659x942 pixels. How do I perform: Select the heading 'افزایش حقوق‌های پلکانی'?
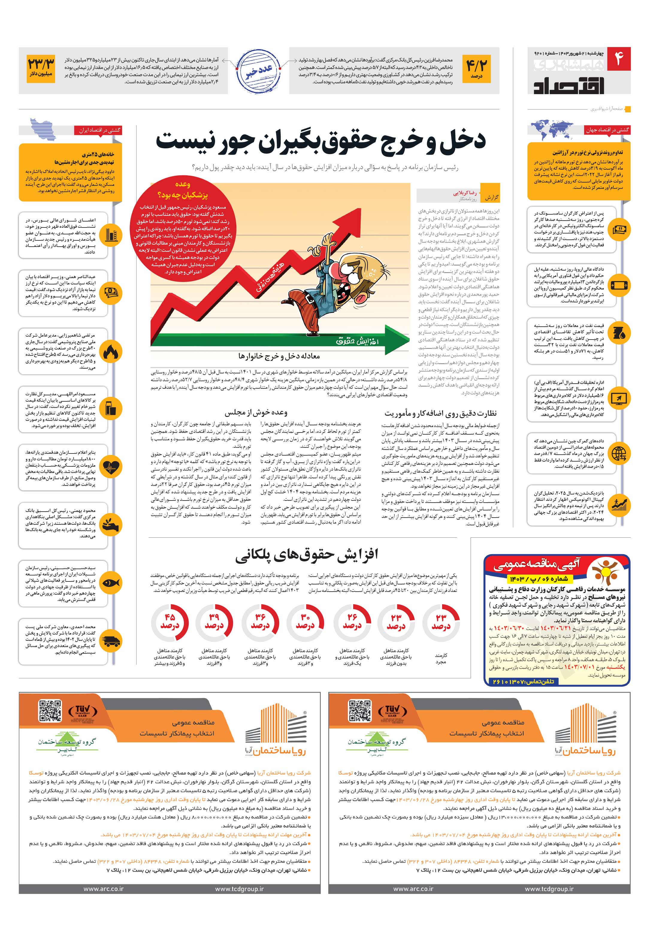pos(306,555)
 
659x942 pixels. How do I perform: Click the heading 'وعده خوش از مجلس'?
pos(256,412)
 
